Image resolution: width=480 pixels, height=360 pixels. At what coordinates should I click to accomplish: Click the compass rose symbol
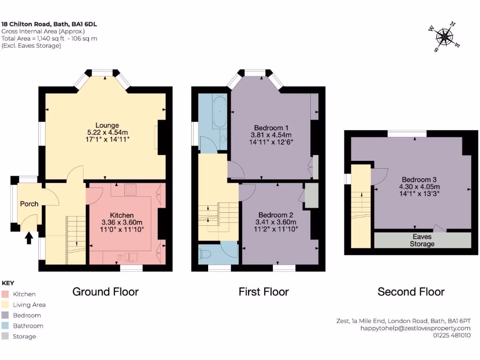click(x=443, y=37)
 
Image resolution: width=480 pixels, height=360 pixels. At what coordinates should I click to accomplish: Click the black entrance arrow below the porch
click(x=29, y=238)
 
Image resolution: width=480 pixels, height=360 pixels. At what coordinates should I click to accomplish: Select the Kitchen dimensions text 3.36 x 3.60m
click(x=122, y=222)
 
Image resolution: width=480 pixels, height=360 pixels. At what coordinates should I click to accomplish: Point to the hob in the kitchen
click(x=130, y=190)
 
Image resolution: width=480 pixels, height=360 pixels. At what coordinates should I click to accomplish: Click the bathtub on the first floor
click(x=219, y=112)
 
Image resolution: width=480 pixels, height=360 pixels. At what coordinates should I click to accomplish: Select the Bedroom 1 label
click(x=271, y=127)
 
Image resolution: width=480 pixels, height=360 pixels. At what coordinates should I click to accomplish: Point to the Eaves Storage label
click(x=422, y=240)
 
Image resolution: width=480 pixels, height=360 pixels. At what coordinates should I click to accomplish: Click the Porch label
click(x=29, y=204)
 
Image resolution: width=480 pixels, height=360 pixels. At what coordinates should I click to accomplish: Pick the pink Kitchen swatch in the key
click(x=5, y=294)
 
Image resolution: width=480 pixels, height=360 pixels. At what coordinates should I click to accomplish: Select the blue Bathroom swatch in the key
click(x=5, y=326)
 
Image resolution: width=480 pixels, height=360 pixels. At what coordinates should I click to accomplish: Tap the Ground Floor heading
click(x=105, y=292)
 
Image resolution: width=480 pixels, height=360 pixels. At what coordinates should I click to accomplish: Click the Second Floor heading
click(x=411, y=292)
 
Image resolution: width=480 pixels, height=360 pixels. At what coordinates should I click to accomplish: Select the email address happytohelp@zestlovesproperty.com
click(x=415, y=328)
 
